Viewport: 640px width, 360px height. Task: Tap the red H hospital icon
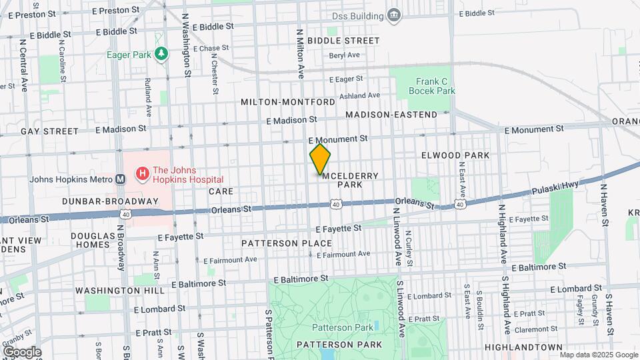point(142,175)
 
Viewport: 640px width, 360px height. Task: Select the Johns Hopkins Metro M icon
point(121,179)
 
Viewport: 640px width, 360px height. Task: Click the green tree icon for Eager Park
point(160,53)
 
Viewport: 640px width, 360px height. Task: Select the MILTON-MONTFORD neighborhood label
point(288,102)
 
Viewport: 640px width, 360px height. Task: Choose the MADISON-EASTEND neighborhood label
point(391,115)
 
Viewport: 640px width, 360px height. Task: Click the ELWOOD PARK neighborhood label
point(455,155)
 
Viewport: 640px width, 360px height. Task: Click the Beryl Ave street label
point(345,55)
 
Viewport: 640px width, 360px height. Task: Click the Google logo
point(22,351)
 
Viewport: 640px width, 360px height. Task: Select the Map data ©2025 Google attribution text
point(597,355)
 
